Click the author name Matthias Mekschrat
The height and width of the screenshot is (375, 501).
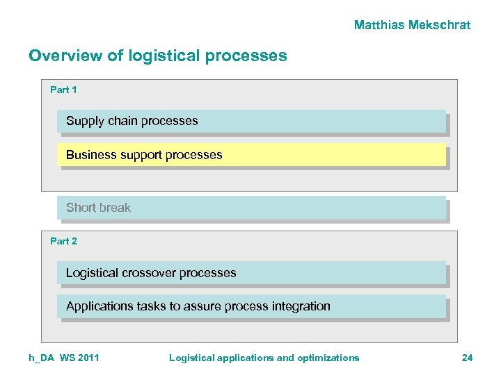(x=412, y=25)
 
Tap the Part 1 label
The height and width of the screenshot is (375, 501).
(x=63, y=90)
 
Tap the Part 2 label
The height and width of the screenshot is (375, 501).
(x=63, y=241)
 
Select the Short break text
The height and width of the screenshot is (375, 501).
(x=98, y=208)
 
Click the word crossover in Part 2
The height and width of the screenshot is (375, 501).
(x=148, y=273)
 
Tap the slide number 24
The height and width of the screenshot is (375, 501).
(x=467, y=358)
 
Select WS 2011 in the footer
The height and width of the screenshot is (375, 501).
(x=79, y=358)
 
